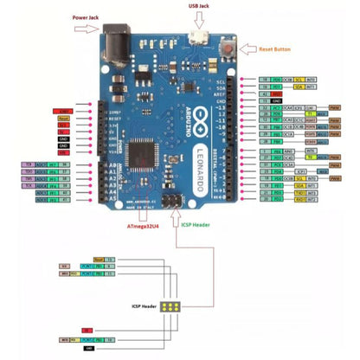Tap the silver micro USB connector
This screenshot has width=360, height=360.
[x=199, y=38]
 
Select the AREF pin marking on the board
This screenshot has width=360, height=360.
[x=220, y=94]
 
